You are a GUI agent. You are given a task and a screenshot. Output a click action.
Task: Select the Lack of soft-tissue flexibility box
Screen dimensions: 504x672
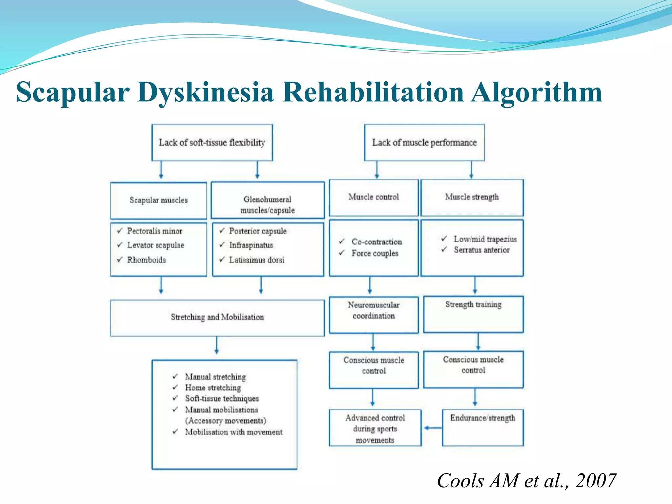click(212, 142)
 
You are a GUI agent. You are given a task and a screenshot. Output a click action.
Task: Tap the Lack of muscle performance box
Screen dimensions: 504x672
click(424, 142)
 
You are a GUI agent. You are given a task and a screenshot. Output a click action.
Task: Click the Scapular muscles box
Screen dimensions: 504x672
click(158, 200)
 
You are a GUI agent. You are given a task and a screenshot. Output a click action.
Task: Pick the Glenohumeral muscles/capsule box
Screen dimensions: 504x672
click(267, 200)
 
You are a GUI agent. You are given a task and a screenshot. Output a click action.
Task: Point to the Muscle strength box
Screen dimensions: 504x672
click(472, 197)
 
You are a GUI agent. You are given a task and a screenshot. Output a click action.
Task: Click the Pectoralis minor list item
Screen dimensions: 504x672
click(155, 231)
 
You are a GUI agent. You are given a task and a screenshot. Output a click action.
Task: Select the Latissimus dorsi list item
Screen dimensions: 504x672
click(257, 260)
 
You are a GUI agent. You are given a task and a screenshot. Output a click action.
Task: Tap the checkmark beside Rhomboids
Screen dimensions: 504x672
click(120, 260)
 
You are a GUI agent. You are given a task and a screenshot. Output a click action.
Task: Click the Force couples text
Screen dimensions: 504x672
click(375, 253)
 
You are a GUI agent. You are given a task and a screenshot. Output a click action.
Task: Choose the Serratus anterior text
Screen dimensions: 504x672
click(481, 250)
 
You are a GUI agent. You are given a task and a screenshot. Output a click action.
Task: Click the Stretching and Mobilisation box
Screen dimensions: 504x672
click(217, 317)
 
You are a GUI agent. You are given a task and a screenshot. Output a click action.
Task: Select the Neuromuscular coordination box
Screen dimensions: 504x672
click(374, 314)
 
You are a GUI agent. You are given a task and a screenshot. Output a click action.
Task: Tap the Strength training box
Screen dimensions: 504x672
click(473, 314)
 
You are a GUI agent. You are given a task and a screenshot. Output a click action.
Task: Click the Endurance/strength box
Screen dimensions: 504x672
click(482, 427)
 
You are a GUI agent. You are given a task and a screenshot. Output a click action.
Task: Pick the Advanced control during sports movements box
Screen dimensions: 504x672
click(375, 428)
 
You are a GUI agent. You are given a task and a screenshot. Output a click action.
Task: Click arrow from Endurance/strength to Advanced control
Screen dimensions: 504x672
click(433, 428)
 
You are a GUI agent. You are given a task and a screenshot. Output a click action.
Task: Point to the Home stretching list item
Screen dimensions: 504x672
click(213, 388)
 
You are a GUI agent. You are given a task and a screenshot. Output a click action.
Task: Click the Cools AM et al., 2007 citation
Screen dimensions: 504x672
click(526, 481)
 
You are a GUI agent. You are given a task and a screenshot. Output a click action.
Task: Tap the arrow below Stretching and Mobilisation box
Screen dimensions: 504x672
click(217, 346)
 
